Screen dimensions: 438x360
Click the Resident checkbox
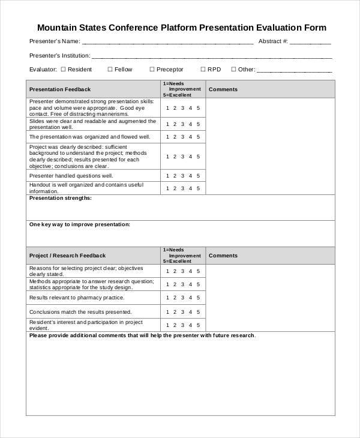(63, 70)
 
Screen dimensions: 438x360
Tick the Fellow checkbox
(110, 70)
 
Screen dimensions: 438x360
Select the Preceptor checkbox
(152, 70)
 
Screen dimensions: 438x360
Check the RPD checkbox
(203, 70)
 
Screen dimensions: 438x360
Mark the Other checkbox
(233, 70)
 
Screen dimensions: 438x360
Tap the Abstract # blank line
(311, 43)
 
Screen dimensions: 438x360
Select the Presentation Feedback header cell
(60, 89)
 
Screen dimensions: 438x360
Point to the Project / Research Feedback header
(67, 256)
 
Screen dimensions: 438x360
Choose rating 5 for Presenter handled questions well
(198, 176)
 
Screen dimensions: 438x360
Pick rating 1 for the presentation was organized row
(167, 137)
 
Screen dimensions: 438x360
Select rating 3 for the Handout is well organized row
(182, 188)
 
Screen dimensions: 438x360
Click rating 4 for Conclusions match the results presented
(190, 312)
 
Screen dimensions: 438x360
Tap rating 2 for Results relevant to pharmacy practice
(175, 298)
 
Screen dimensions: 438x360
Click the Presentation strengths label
(60, 198)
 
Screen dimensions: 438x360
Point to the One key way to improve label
(79, 224)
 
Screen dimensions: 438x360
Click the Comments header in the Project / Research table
(223, 256)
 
